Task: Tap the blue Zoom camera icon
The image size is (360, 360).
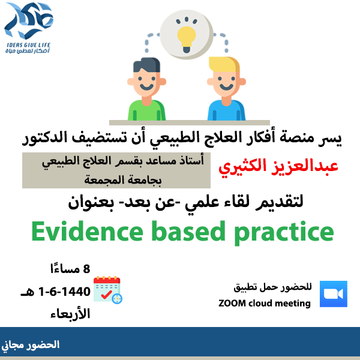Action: [x=334, y=294]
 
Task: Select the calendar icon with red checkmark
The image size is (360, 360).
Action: [x=107, y=290]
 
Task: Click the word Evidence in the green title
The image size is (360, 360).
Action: [x=87, y=231]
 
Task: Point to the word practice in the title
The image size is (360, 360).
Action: [x=284, y=233]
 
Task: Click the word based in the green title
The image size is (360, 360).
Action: [x=188, y=231]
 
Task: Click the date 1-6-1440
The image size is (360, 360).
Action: [x=65, y=292]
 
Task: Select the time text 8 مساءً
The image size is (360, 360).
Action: [x=70, y=269]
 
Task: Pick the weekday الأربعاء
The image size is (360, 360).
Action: [x=70, y=313]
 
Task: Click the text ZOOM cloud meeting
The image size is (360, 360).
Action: [x=265, y=303]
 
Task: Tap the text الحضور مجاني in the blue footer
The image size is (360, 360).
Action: [x=31, y=345]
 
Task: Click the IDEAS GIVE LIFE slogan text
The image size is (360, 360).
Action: [x=28, y=45]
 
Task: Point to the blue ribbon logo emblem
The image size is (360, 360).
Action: [x=29, y=20]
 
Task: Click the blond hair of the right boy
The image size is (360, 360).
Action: [x=224, y=65]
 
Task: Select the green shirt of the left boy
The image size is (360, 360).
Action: [x=146, y=110]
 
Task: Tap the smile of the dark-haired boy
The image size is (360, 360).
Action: [x=146, y=87]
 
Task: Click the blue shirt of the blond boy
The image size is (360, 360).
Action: [x=226, y=110]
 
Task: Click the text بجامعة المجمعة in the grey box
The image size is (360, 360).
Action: [x=123, y=179]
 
